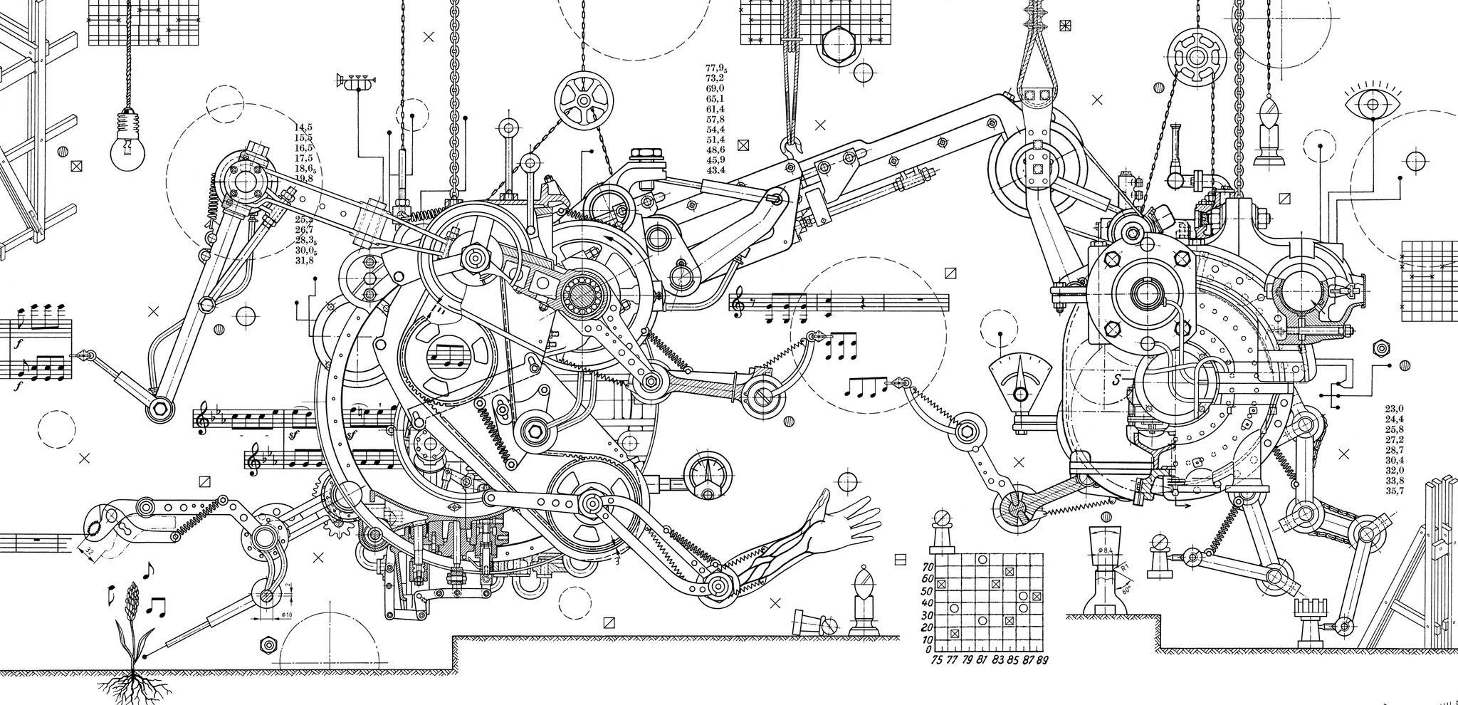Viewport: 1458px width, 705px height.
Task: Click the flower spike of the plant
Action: coord(131,620)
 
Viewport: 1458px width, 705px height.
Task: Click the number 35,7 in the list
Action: coord(1394,491)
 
